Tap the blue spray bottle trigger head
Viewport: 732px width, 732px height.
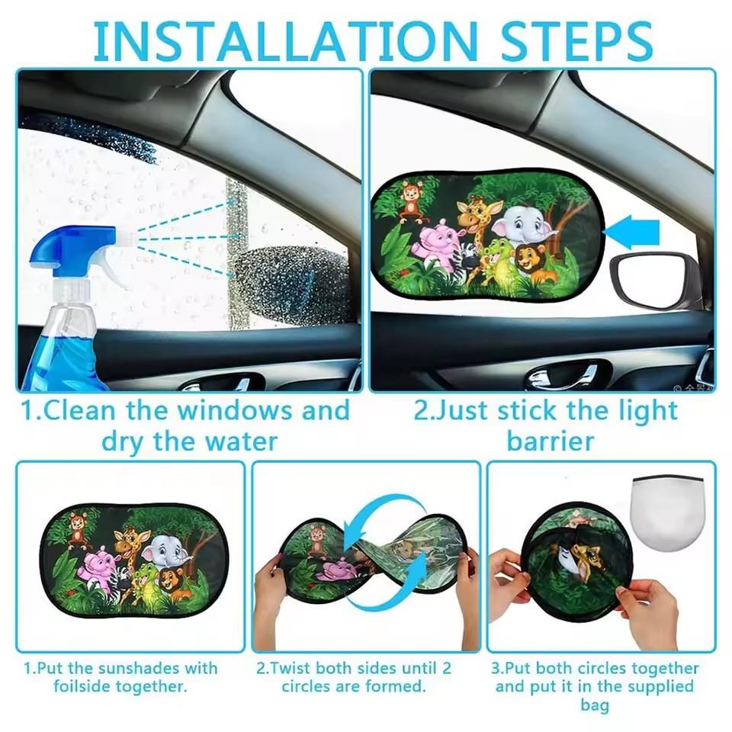(73, 242)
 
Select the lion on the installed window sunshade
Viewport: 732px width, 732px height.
(528, 263)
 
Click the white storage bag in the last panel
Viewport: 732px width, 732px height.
(668, 509)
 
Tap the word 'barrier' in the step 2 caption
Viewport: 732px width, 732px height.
(549, 441)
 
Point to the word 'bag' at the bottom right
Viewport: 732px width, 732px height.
(595, 705)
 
